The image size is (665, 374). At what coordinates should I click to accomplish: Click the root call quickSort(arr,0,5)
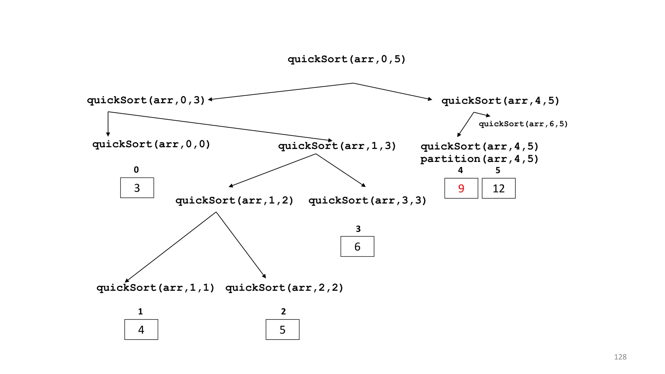346,59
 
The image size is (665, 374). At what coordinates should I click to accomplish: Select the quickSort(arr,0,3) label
146,100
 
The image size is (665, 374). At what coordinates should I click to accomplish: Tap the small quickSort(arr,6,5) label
523,124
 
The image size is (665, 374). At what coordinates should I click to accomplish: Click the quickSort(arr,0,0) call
151,144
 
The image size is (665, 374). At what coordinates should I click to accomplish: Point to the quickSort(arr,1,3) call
337,146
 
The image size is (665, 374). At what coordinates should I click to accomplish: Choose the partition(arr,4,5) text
479,159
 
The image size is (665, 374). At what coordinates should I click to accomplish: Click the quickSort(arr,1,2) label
234,200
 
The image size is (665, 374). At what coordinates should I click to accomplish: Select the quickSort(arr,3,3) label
367,200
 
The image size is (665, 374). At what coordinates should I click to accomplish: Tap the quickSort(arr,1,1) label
156,288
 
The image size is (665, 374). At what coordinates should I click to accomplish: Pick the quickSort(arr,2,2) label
284,288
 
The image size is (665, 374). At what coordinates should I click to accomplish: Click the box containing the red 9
461,188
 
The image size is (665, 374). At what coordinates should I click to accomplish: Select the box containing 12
498,188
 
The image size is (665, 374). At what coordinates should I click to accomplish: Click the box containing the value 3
137,188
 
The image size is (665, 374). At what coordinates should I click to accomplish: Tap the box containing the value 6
357,246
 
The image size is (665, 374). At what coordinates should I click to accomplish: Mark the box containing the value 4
141,330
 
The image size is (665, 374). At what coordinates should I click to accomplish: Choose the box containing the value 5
282,330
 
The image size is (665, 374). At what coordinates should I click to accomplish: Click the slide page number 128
620,357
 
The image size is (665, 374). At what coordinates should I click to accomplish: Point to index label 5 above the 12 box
498,170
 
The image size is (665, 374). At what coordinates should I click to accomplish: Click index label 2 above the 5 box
283,311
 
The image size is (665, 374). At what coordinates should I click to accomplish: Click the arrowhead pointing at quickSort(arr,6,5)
488,116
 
